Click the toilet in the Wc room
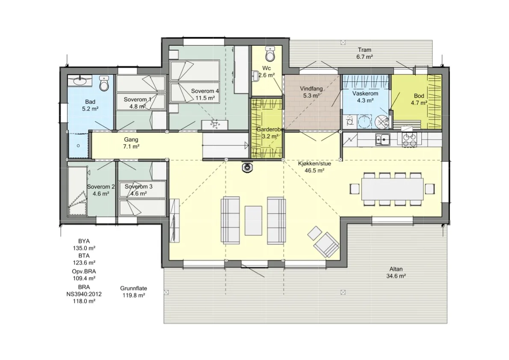coord(270,54)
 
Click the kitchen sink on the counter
coord(383,140)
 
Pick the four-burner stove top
coord(409,140)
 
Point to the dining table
coord(393,189)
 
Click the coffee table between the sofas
coord(253,220)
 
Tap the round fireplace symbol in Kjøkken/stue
coord(248,167)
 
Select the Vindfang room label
coord(311,88)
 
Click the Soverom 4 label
coord(205,91)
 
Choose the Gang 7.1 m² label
coord(131,143)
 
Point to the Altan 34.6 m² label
coord(396,273)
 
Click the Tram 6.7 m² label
coord(364,53)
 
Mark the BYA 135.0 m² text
coord(84,245)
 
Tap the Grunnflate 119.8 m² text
coord(133,292)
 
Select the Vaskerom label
coord(365,94)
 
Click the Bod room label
coord(419,96)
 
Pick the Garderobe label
coord(270,129)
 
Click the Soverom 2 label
coord(101,187)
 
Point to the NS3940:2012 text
coord(84,294)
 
